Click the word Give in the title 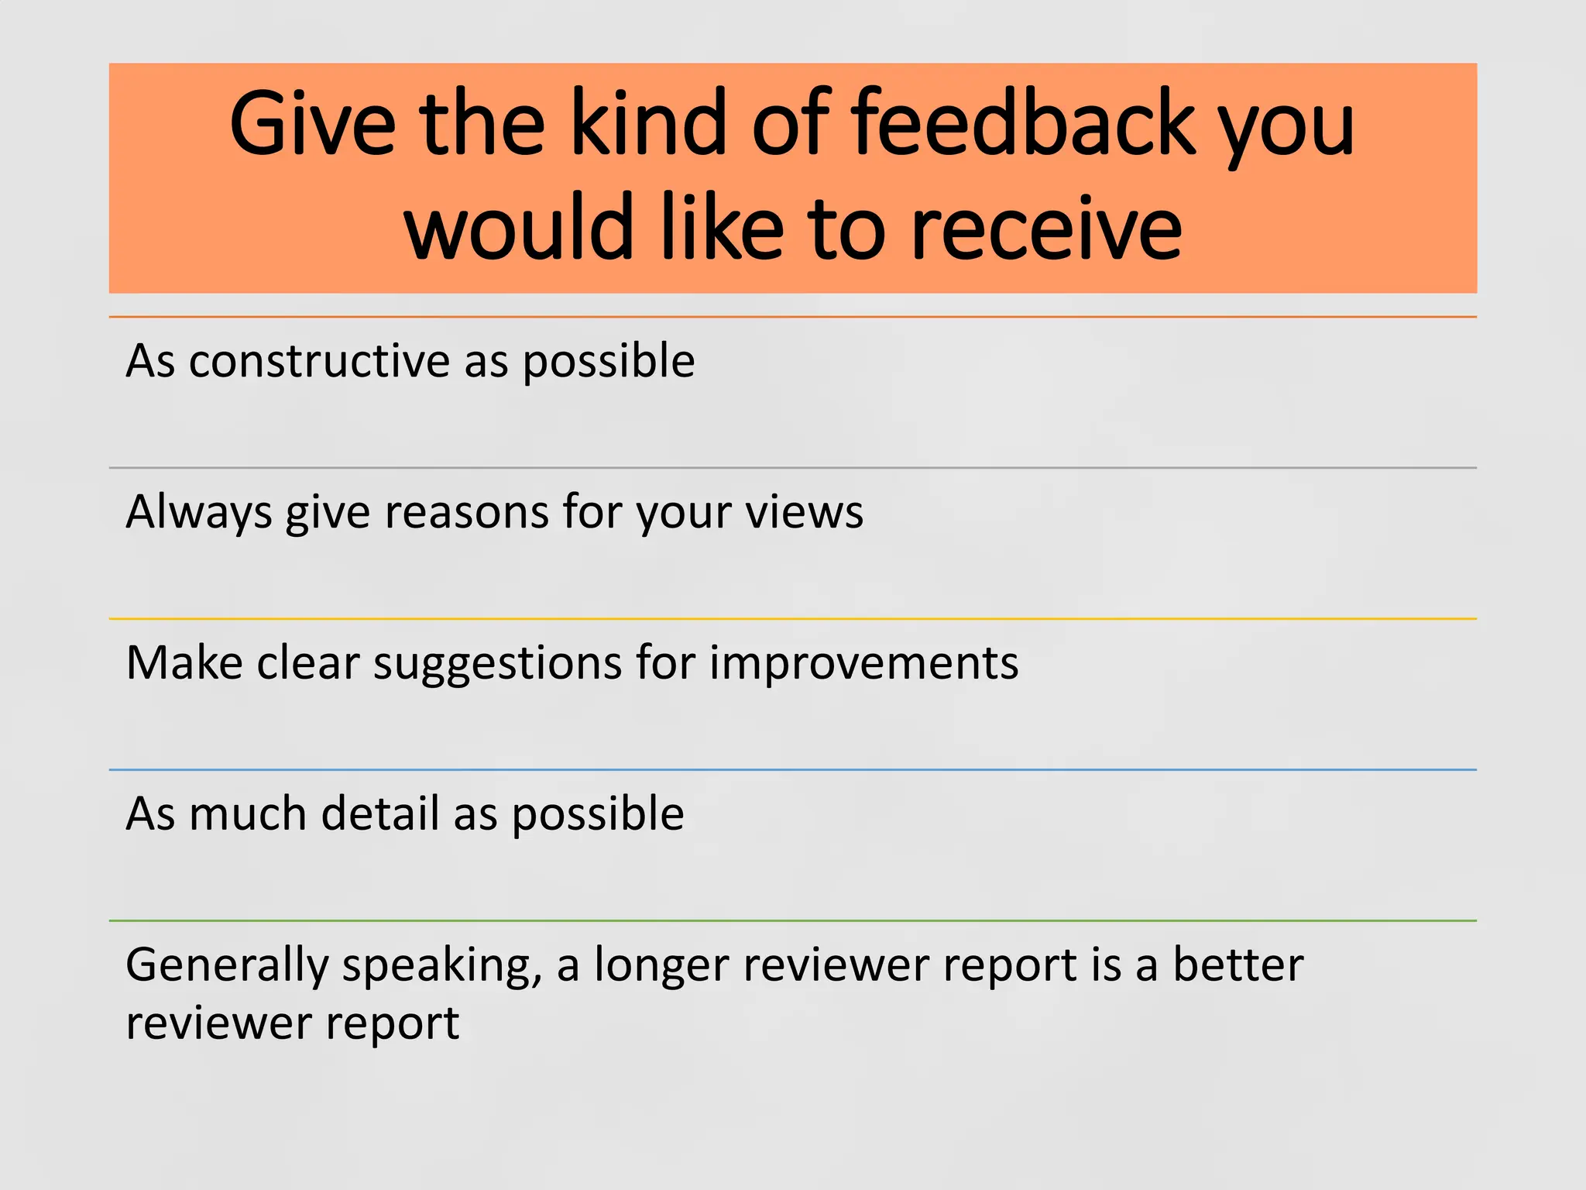311,124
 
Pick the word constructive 319,361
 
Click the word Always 198,513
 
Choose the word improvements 863,665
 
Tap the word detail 380,813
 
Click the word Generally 227,965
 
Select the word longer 661,965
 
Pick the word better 1238,965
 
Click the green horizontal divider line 793,920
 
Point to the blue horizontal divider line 793,769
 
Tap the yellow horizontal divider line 793,618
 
